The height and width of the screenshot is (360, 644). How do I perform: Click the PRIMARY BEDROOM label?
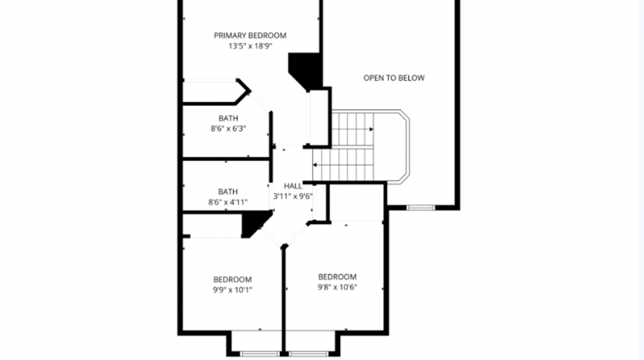coord(250,35)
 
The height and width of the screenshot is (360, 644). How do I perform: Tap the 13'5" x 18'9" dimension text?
coord(250,46)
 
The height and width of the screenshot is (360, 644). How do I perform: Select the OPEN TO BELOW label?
coord(394,78)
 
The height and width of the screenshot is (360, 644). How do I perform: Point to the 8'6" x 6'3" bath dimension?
coord(228,129)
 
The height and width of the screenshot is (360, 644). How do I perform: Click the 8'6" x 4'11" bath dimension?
coord(228,202)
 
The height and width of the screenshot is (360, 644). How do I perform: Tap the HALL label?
coord(293,186)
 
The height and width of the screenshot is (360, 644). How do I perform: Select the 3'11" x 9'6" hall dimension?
coord(293,197)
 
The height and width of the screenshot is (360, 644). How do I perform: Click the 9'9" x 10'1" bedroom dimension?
coord(232,290)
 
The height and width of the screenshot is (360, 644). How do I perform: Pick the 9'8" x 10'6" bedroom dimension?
coord(337,288)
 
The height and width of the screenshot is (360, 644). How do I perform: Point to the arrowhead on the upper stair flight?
coord(371,130)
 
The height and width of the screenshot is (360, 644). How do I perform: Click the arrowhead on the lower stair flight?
coord(315,165)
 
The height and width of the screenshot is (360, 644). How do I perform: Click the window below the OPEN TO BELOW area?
coord(420,207)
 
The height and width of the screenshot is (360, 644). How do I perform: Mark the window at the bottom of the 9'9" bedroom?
coord(260,353)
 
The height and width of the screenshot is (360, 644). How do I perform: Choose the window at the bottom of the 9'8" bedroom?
coord(308,353)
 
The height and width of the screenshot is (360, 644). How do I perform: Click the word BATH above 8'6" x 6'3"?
coord(228,118)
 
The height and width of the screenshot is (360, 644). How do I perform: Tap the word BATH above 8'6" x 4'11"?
coord(228,192)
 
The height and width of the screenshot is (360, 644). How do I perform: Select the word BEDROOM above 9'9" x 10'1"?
coord(232,280)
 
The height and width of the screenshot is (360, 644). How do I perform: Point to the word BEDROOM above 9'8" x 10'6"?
coord(337,277)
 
